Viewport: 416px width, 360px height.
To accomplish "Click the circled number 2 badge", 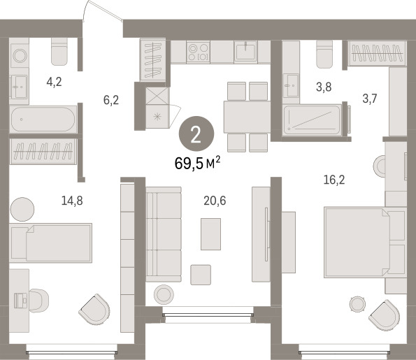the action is coord(196,134).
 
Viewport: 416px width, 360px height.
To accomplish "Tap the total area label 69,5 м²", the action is coord(197,163).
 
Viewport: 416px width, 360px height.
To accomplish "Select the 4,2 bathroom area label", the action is coord(54,82).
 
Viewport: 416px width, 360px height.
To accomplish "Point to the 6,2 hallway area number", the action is coord(111,100).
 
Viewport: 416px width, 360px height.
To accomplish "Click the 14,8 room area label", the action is coord(72,201).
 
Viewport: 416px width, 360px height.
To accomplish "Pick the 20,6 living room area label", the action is coord(215,201).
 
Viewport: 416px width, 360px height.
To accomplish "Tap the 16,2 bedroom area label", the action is coord(334,180).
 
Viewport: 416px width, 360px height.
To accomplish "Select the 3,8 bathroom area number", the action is coord(324,87).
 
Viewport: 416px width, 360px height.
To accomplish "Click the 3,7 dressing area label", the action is coord(370,99).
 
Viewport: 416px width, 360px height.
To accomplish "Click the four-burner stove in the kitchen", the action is coord(198,52).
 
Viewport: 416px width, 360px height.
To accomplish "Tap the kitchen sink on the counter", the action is coord(245,52).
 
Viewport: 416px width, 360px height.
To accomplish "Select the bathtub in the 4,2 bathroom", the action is coord(43,119).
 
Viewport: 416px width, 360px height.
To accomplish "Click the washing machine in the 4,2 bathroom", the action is coord(20,56).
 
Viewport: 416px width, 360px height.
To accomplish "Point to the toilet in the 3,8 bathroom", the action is coord(324,55).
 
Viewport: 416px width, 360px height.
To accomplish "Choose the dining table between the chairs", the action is coord(247,117).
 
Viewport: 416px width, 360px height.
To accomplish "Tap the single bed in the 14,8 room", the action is coord(50,243).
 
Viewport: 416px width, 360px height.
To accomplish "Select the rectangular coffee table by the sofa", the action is coord(210,234).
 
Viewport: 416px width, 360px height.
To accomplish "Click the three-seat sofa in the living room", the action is coord(164,234).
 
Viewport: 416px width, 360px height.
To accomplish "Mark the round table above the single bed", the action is coord(22,209).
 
